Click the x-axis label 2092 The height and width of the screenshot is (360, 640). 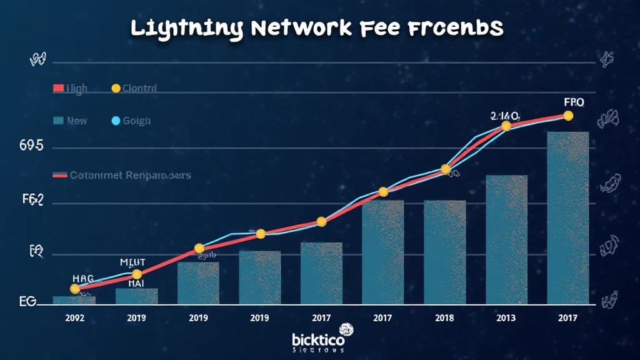[x=75, y=317]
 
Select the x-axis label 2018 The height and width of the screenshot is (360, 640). [x=445, y=317]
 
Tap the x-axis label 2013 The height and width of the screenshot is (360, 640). [x=506, y=317]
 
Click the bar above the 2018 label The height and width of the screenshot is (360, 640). [x=445, y=252]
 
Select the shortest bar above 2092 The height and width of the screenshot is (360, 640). [x=74, y=300]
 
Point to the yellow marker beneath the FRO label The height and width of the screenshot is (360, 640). [x=568, y=116]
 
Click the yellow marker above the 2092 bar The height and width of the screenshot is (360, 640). [x=75, y=289]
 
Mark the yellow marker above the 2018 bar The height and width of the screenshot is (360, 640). [x=446, y=169]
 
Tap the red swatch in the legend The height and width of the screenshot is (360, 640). [x=58, y=89]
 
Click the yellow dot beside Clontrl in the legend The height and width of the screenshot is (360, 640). [x=116, y=89]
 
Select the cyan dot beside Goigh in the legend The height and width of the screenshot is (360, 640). [x=115, y=121]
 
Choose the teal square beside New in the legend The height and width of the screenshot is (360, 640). [x=58, y=121]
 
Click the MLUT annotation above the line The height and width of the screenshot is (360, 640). [x=132, y=262]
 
